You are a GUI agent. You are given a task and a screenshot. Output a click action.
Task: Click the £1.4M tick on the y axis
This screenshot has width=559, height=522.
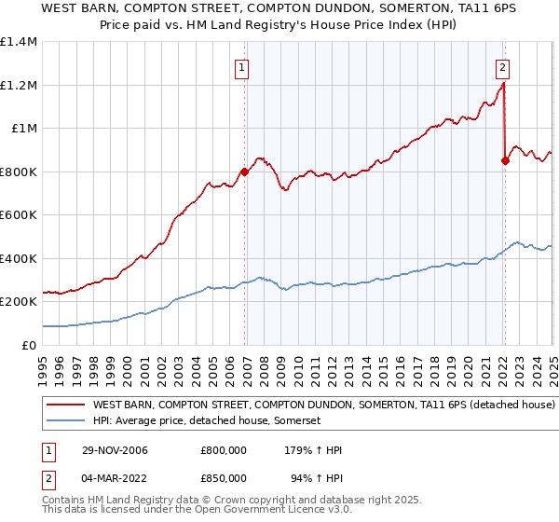click(19, 42)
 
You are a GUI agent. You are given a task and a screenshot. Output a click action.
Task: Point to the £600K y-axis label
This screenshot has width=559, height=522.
click(19, 215)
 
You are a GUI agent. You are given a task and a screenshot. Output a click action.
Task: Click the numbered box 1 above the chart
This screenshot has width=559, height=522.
click(241, 67)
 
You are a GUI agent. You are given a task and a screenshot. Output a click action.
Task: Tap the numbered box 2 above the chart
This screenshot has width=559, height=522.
click(503, 67)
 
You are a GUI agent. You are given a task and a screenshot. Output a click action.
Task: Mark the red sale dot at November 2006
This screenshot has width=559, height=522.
click(245, 172)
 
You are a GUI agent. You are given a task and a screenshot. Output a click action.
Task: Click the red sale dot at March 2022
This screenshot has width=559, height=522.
click(505, 160)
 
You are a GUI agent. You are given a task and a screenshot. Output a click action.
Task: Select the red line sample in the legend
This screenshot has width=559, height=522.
click(65, 405)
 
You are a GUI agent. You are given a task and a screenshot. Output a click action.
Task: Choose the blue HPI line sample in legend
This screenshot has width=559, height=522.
click(65, 421)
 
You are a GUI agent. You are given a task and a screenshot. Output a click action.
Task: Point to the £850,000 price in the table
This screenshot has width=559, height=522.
click(224, 478)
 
